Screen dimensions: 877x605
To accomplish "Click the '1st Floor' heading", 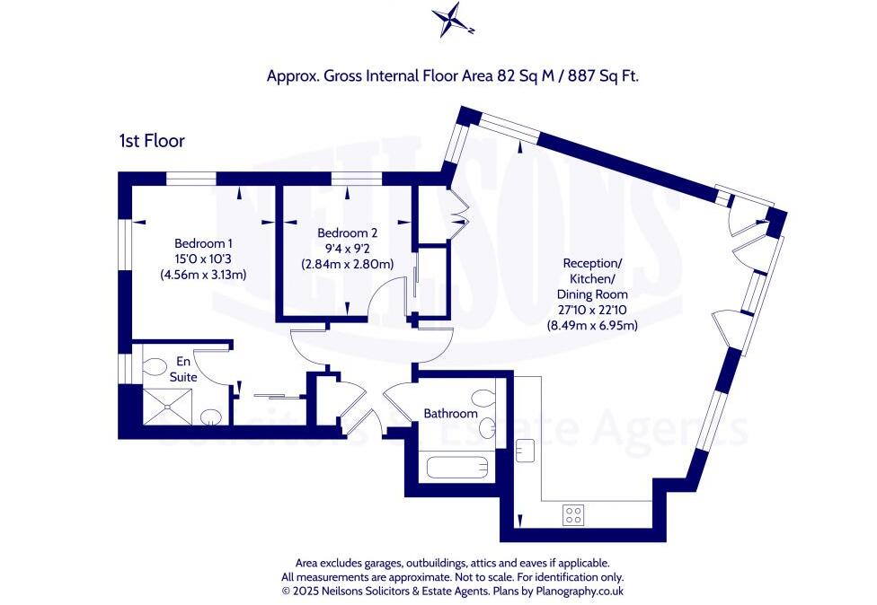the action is [151, 140].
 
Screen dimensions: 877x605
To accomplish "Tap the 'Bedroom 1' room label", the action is [203, 243].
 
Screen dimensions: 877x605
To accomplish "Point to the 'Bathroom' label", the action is [451, 414].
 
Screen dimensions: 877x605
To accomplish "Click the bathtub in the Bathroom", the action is [458, 468].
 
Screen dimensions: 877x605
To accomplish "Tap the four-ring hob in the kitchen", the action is [572, 514].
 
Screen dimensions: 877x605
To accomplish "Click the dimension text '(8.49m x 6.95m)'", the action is [592, 325].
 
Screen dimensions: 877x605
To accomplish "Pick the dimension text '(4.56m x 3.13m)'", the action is [203, 274].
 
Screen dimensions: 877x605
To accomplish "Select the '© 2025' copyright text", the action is [299, 592].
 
